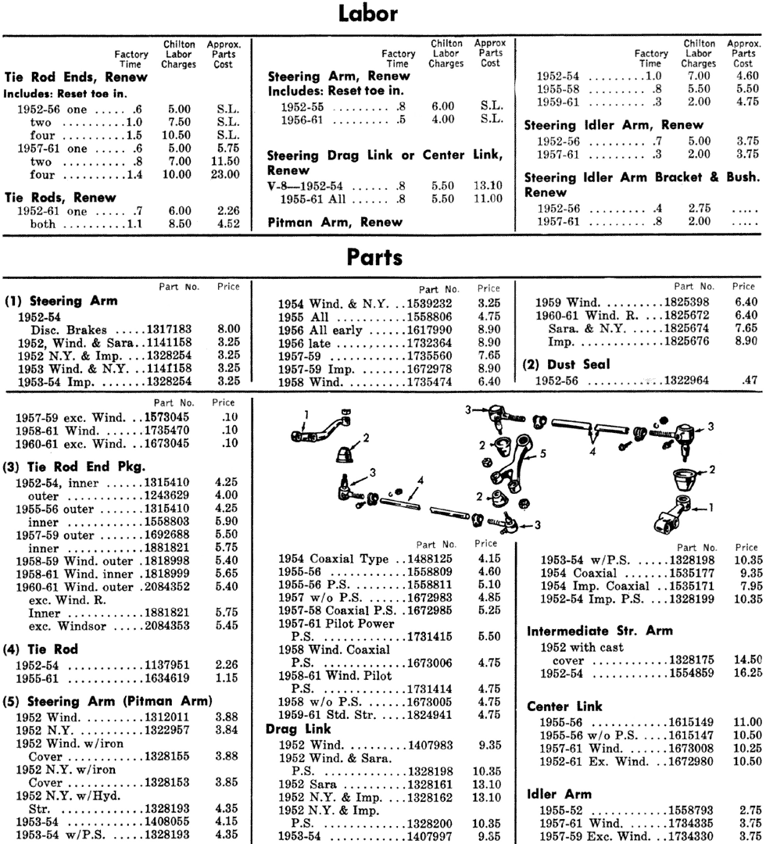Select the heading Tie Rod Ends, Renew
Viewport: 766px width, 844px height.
66,77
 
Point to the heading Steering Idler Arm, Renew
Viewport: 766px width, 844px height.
614,124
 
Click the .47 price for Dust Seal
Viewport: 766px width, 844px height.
748,380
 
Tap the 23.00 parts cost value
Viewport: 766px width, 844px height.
225,175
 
